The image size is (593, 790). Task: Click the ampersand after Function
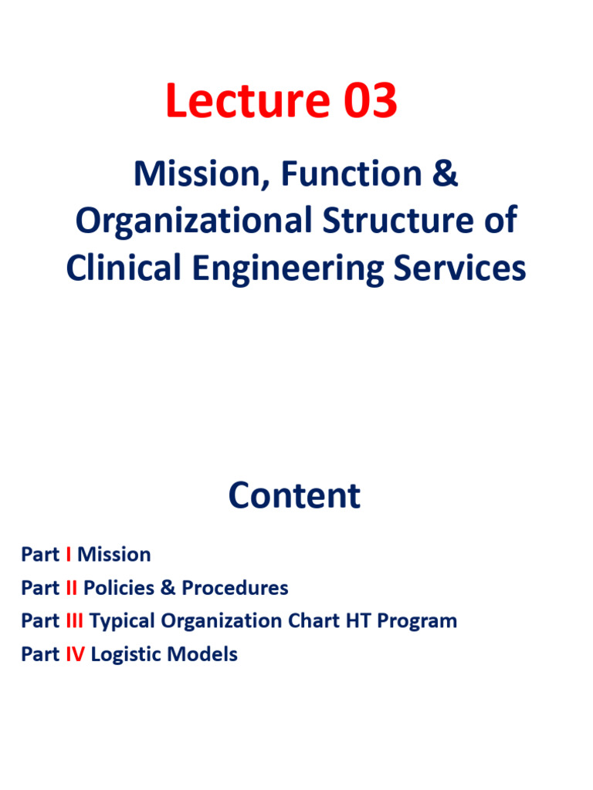click(446, 174)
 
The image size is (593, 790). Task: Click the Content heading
click(294, 495)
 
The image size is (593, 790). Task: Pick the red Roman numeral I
click(69, 554)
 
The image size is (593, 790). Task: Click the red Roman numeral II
click(72, 588)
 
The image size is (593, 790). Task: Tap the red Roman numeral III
click(75, 621)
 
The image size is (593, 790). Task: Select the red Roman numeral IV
click(75, 655)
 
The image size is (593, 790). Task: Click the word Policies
click(119, 588)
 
